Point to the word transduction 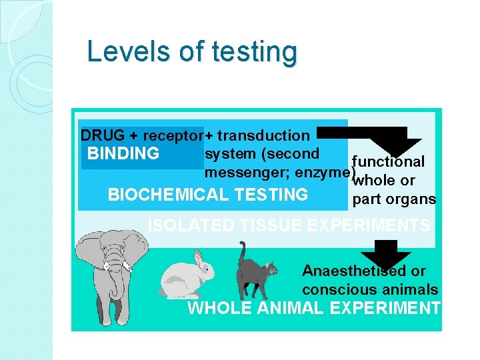click(x=263, y=136)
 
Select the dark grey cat click(x=257, y=273)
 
